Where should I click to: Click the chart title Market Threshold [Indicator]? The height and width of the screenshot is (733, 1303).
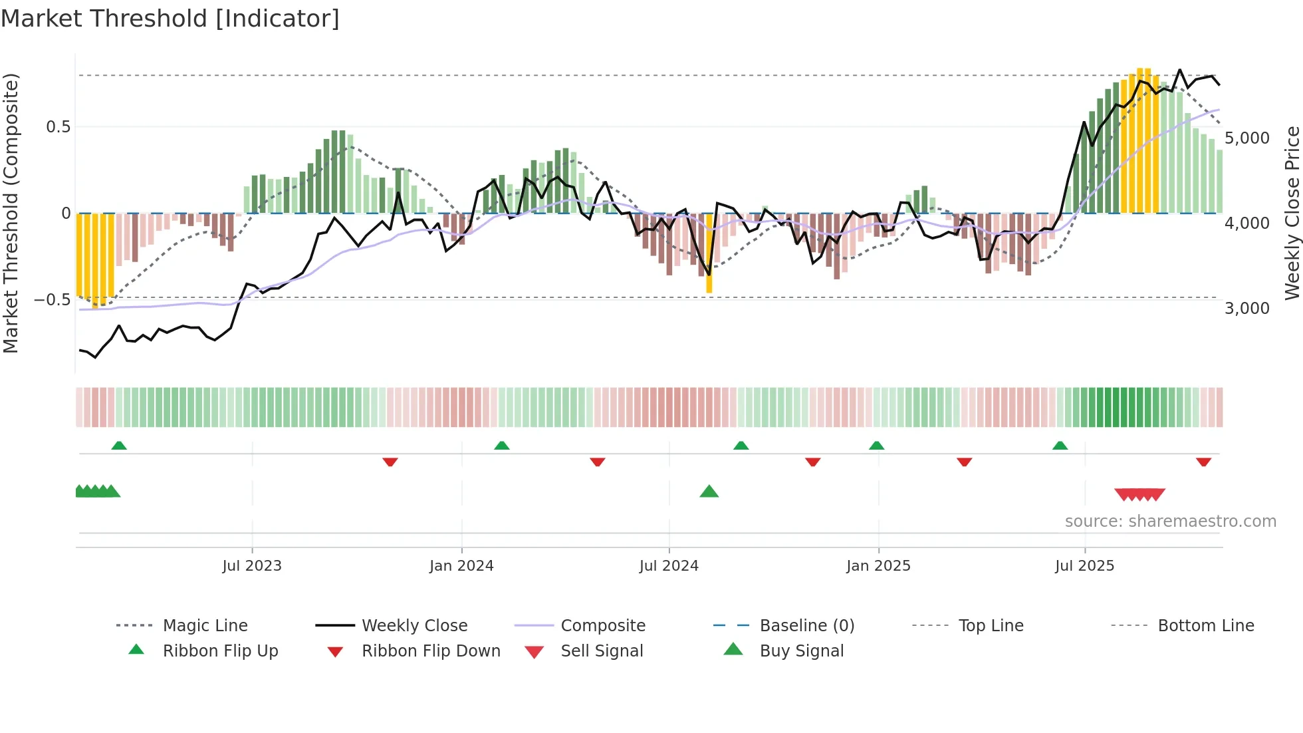pyautogui.click(x=170, y=19)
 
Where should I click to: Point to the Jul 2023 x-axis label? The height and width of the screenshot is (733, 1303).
pyautogui.click(x=252, y=566)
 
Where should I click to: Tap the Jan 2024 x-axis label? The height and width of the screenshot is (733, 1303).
pyautogui.click(x=461, y=566)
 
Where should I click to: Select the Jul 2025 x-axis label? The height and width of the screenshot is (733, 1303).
pyautogui.click(x=1084, y=566)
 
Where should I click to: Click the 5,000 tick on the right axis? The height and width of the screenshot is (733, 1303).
pyautogui.click(x=1246, y=138)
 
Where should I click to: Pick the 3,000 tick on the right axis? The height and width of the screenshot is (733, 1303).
pyautogui.click(x=1246, y=309)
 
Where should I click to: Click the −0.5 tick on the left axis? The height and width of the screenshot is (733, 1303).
pyautogui.click(x=52, y=300)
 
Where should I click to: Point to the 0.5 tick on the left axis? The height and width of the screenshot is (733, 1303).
pyautogui.click(x=58, y=127)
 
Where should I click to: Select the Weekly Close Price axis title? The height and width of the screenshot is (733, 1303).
pyautogui.click(x=1292, y=213)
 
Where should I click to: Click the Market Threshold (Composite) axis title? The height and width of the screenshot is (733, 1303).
pyautogui.click(x=11, y=213)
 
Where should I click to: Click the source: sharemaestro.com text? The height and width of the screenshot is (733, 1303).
pyautogui.click(x=1170, y=521)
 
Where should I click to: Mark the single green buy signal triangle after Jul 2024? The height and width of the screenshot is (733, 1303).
pyautogui.click(x=709, y=492)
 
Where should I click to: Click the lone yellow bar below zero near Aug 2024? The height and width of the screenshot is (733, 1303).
pyautogui.click(x=709, y=253)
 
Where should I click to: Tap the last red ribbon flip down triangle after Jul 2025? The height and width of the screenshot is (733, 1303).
pyautogui.click(x=1203, y=462)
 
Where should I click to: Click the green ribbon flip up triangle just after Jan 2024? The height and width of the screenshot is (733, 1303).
pyautogui.click(x=502, y=446)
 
